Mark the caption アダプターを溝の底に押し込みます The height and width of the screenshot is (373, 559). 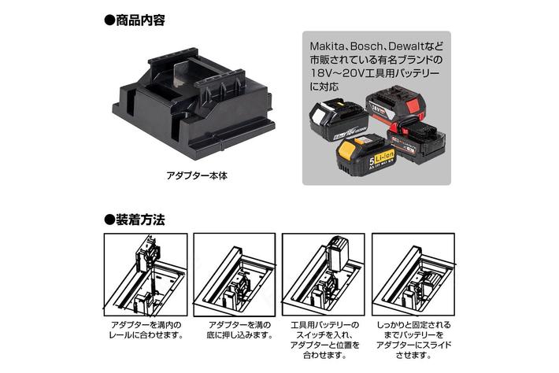click(x=235, y=331)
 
